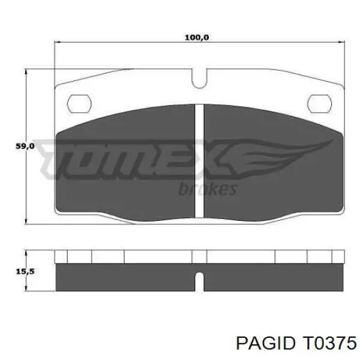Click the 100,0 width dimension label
click(x=197, y=37)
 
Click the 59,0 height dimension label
click(x=25, y=146)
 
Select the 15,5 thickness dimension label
click(x=25, y=271)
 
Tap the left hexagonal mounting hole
click(x=79, y=104)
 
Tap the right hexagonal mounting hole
click(x=319, y=104)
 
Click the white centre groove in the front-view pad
click(x=199, y=161)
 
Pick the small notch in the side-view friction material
click(x=199, y=282)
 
